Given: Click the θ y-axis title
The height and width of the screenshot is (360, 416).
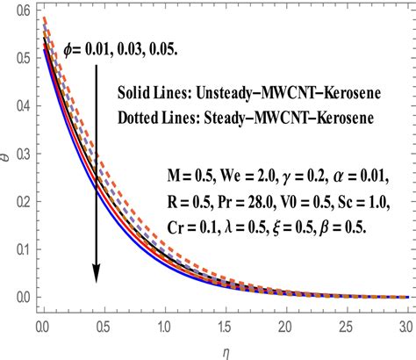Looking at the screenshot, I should tap(7, 154).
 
